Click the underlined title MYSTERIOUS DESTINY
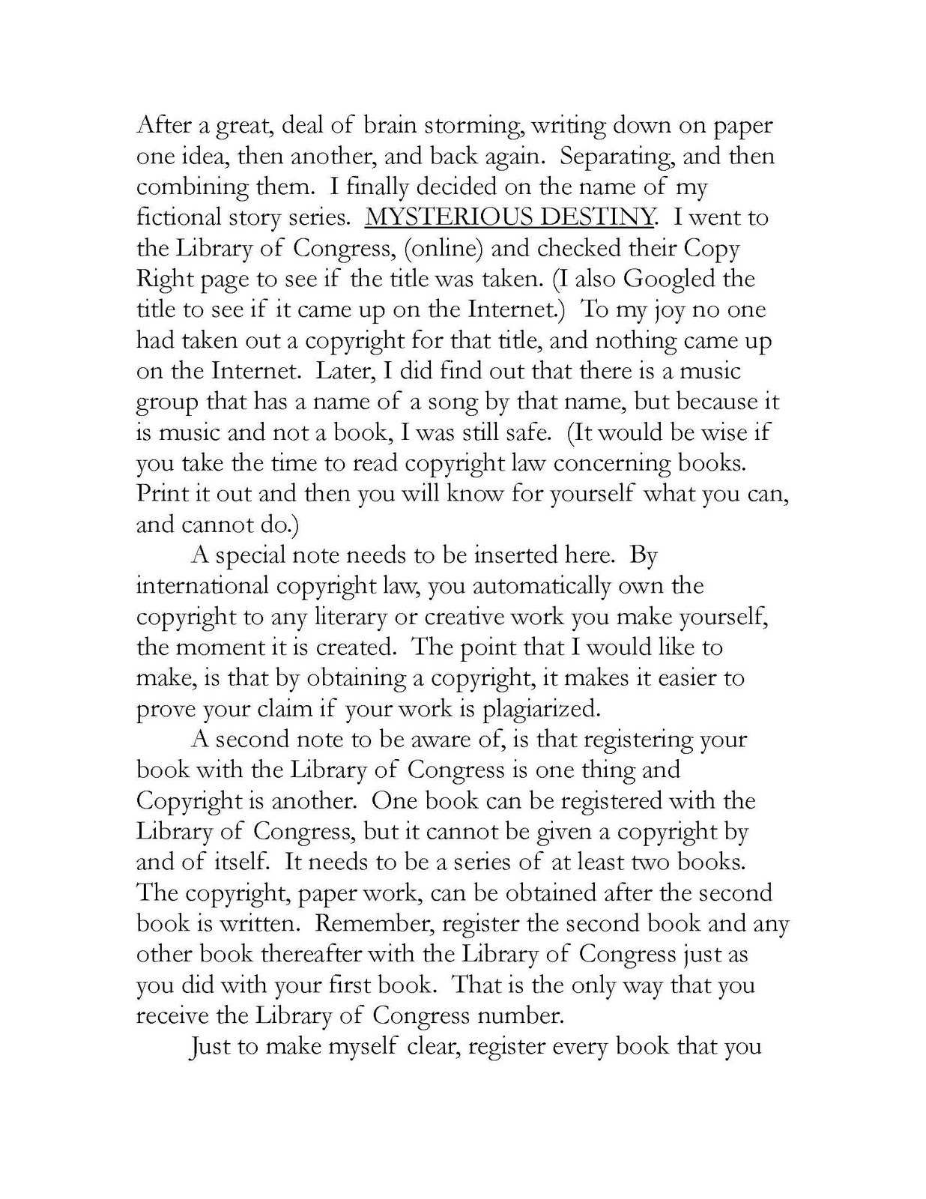tap(509, 217)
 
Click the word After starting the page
tap(160, 125)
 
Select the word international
tap(202, 585)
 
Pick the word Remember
tap(390, 923)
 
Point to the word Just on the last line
tap(211, 1046)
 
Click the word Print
tap(158, 494)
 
